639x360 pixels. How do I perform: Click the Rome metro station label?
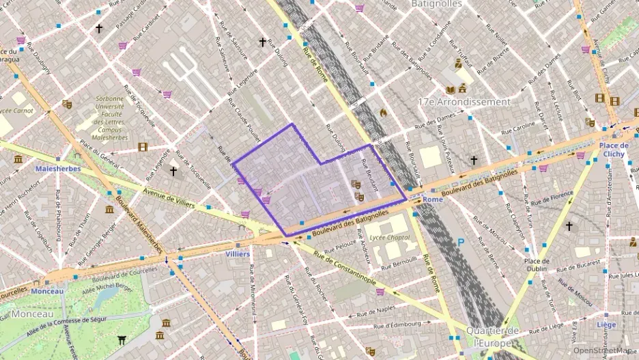[x=433, y=199]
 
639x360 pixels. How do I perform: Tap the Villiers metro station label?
[x=238, y=253]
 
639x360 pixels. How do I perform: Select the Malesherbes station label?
[x=58, y=169]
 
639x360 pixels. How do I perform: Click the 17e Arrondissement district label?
[x=464, y=102]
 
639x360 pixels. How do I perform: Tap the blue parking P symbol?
[x=460, y=242]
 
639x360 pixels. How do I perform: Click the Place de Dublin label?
[x=537, y=265]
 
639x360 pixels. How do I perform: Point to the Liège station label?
[x=606, y=325]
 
